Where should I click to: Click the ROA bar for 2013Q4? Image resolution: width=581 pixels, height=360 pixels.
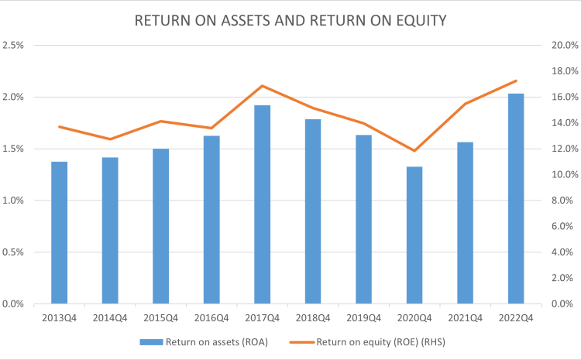(60, 232)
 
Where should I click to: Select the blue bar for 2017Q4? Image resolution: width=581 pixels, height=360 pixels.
(263, 204)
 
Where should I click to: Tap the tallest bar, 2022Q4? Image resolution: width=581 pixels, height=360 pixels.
(516, 198)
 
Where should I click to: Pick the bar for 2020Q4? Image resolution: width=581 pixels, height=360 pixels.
(414, 235)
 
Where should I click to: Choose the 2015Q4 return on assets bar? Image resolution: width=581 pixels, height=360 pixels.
(161, 226)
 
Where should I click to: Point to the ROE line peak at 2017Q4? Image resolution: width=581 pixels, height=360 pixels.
(263, 86)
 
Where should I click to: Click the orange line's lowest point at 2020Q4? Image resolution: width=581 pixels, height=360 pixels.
(414, 151)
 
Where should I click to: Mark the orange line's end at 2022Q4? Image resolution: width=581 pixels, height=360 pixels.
(516, 81)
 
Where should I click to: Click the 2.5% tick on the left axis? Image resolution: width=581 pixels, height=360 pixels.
(13, 45)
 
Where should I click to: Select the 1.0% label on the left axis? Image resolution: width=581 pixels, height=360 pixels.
(13, 201)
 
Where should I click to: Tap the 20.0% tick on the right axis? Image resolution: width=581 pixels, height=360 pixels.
(565, 45)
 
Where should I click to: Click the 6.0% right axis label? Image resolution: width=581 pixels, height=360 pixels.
(562, 226)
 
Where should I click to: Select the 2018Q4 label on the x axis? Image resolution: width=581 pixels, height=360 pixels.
(313, 318)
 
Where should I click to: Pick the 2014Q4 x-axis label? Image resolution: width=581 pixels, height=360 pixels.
(110, 318)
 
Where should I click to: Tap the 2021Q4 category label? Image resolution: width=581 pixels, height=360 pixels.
(465, 318)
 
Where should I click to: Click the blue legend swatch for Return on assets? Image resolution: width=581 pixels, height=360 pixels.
(151, 342)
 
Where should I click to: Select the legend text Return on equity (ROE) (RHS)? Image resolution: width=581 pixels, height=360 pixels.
(380, 342)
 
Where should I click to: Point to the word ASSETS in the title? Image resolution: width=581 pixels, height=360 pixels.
(246, 21)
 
